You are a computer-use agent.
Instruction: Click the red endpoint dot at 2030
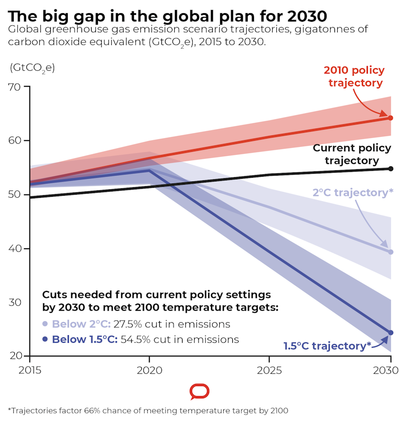pyautogui.click(x=391, y=118)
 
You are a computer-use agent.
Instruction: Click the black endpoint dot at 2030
pyautogui.click(x=391, y=169)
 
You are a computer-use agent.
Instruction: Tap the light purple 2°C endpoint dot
pyautogui.click(x=391, y=252)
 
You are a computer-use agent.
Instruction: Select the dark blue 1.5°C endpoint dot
pyautogui.click(x=391, y=333)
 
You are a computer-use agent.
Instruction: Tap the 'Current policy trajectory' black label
pyautogui.click(x=352, y=154)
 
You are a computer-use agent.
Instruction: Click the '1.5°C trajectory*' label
pyautogui.click(x=328, y=346)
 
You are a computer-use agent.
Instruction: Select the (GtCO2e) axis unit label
pyautogui.click(x=32, y=68)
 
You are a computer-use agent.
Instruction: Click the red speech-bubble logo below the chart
pyautogui.click(x=199, y=392)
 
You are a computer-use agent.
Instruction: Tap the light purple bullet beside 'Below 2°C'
pyautogui.click(x=46, y=324)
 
